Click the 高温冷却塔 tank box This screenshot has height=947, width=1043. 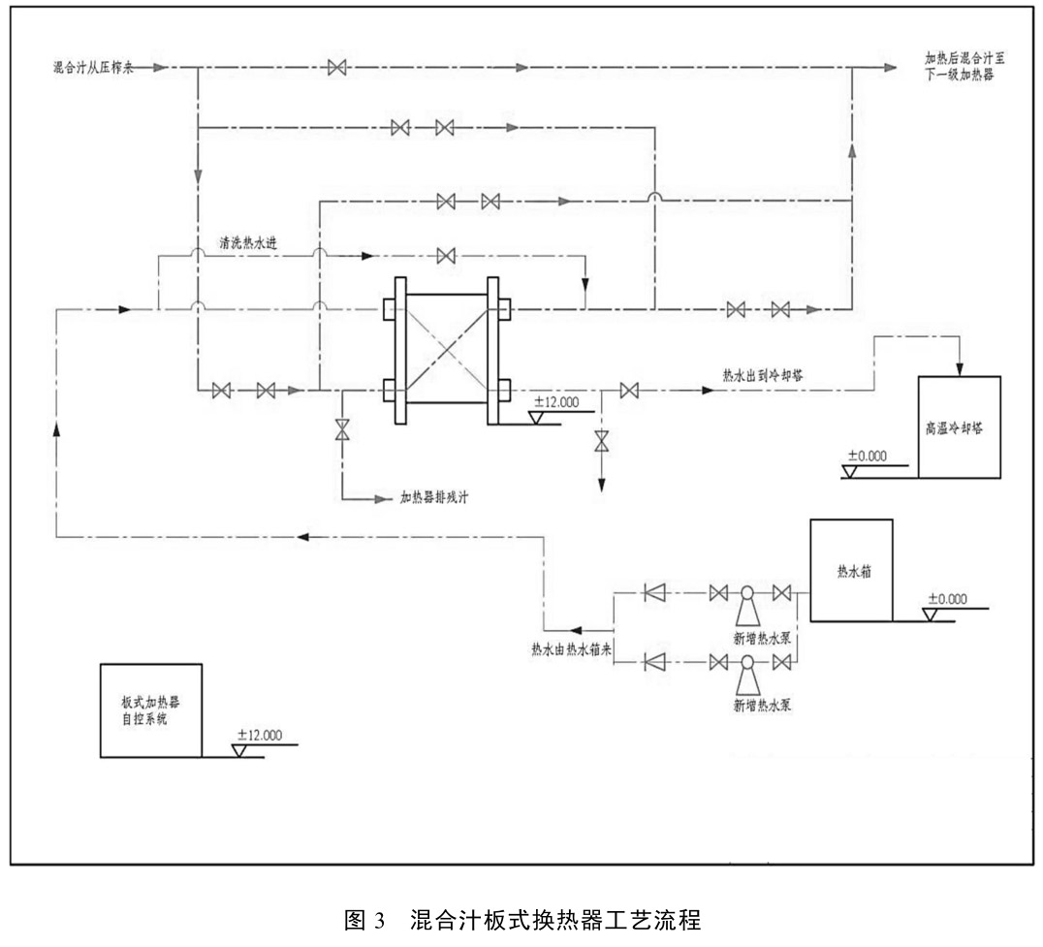(959, 427)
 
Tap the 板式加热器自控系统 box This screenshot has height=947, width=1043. (150, 710)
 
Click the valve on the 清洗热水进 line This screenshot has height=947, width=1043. (446, 257)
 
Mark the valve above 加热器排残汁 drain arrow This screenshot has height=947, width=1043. (341, 430)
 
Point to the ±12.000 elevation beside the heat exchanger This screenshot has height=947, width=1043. (556, 403)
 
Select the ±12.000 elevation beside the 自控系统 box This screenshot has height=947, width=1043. (258, 735)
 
